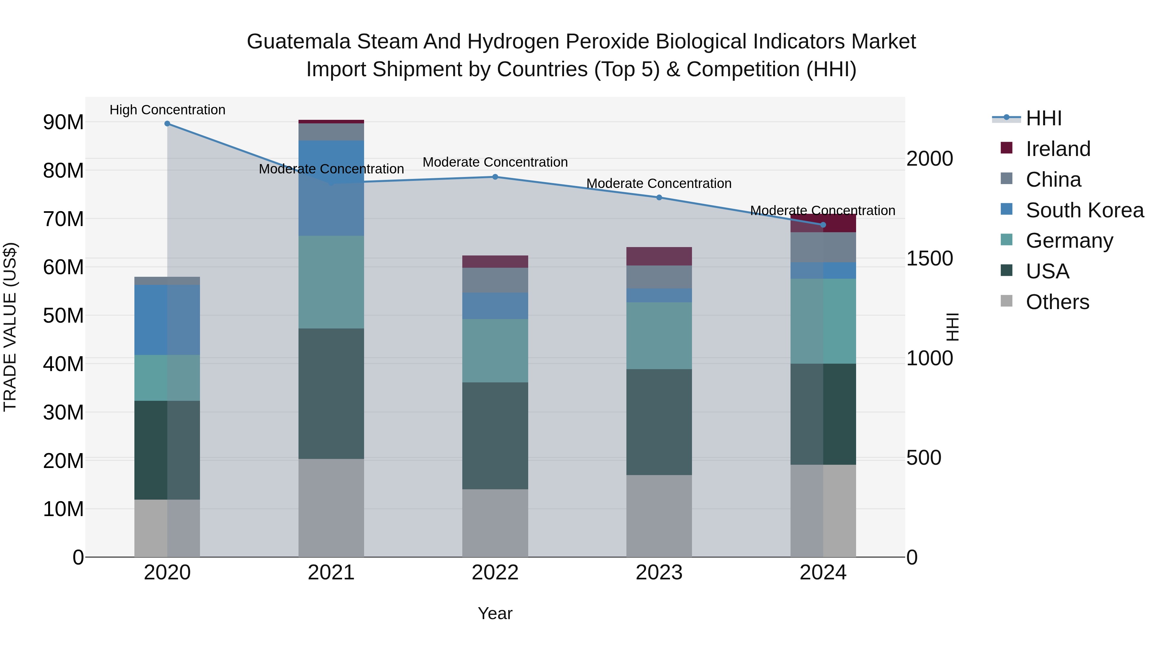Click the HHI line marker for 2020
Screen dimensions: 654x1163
[167, 124]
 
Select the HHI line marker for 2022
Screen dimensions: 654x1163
[495, 177]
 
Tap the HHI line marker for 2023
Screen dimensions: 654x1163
[659, 198]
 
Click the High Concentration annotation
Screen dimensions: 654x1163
[167, 110]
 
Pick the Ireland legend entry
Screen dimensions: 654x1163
[1057, 149]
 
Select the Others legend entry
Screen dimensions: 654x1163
[1057, 302]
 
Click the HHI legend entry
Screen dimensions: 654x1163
[1043, 118]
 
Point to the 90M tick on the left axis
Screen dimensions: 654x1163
[63, 122]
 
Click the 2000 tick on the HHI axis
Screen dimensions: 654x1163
[929, 159]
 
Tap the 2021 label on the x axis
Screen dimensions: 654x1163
[331, 573]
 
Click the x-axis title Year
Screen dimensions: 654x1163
[495, 613]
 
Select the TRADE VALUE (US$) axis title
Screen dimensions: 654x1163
[10, 327]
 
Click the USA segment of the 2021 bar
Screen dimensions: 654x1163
[331, 394]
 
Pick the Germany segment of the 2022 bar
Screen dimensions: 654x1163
[495, 351]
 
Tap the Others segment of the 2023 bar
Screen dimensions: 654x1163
[659, 516]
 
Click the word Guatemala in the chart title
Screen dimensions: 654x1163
[299, 42]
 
